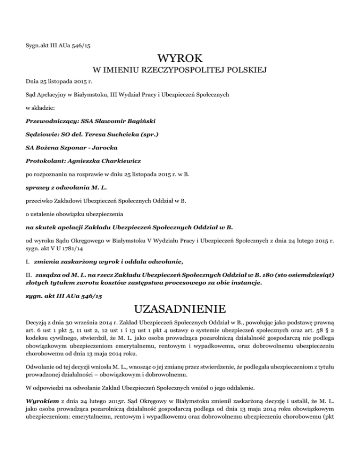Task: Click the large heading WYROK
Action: coord(180,59)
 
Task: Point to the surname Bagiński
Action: coord(139,121)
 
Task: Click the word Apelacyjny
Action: coord(55,95)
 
